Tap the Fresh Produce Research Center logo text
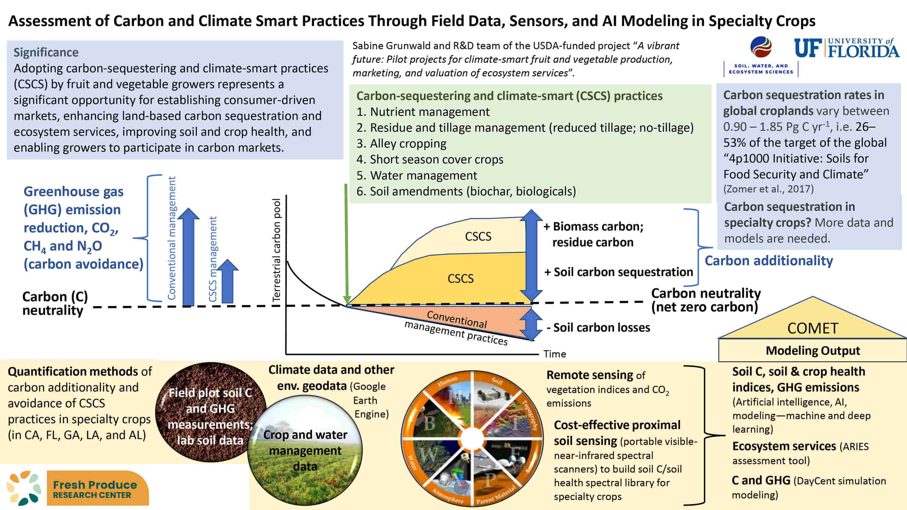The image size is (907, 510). pos(95,489)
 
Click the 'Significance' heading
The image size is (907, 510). pos(46,52)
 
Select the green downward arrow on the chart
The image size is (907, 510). pos(346,243)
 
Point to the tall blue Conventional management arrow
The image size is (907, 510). pos(188,257)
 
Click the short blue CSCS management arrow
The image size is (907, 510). pos(227,282)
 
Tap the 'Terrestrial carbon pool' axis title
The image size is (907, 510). pos(276,250)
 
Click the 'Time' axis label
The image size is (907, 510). pos(554,354)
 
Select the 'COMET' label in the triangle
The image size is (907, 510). pos(813,328)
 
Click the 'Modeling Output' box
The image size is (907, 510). pos(813,350)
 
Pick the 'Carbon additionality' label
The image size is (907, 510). pos(769,260)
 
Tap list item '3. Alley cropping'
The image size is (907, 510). pos(401,144)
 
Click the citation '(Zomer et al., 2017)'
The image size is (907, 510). pos(768,189)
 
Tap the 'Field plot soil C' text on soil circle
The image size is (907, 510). pos(210,392)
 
